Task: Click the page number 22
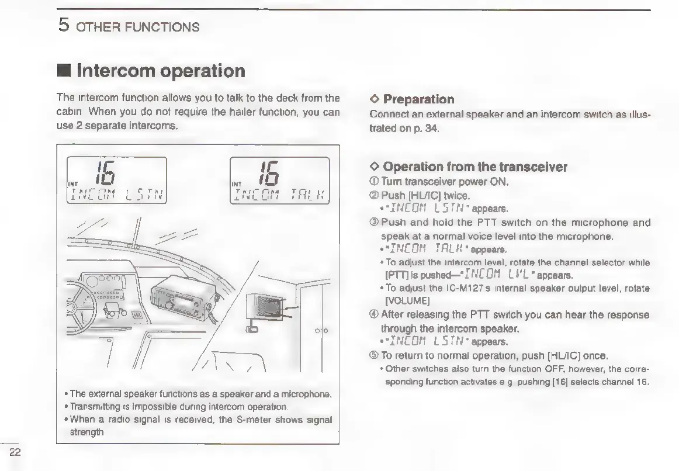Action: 15,451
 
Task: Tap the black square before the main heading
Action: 64,72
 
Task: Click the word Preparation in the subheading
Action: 418,99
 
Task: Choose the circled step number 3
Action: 375,222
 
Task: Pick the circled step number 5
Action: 375,355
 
